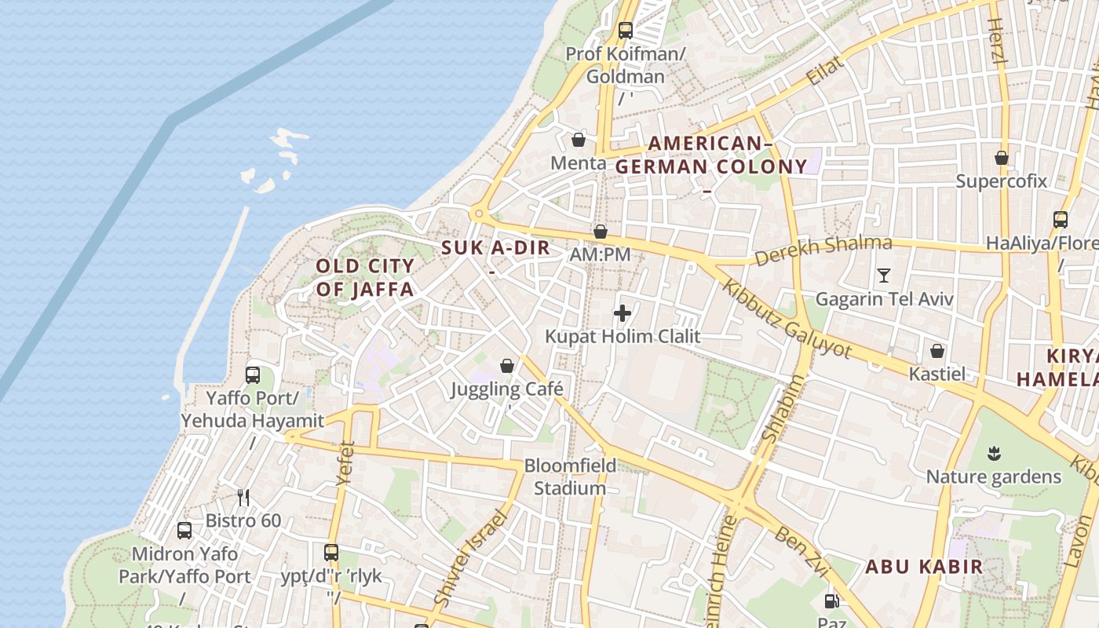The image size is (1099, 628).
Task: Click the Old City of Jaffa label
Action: coord(364,278)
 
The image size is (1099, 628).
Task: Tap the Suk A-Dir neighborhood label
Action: coord(495,248)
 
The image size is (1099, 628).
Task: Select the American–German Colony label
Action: coord(710,155)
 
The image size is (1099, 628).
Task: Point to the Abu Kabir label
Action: coord(924,567)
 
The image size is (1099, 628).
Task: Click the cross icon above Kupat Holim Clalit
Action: coord(623,314)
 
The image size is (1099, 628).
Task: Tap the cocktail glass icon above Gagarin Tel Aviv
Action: coord(884,276)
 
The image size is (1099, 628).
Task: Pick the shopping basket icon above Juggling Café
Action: coord(507,366)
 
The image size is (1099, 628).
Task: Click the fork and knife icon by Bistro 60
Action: coord(243,497)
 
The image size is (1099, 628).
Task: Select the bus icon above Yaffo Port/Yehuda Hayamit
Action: coord(253,374)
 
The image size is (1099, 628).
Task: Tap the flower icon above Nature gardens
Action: coord(994,453)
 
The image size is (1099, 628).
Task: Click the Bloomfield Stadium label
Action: coord(570,476)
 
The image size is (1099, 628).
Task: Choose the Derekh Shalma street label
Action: coord(823,250)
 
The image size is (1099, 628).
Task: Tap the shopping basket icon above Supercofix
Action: coord(1002,158)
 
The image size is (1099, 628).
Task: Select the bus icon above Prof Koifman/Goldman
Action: coord(626,31)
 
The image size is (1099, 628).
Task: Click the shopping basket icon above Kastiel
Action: coord(937,351)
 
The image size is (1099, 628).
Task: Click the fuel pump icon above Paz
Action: coord(831,602)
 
